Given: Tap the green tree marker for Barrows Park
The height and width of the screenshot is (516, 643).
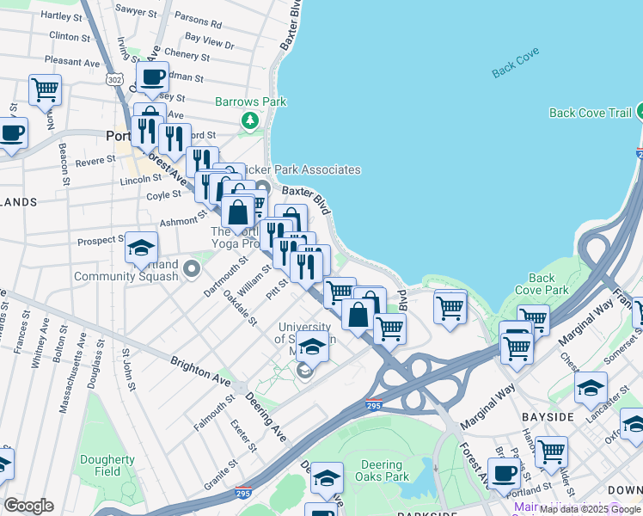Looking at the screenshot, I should pyautogui.click(x=250, y=120).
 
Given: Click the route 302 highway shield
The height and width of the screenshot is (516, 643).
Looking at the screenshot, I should pyautogui.click(x=114, y=78).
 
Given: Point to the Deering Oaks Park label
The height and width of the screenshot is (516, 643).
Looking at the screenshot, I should pyautogui.click(x=382, y=470).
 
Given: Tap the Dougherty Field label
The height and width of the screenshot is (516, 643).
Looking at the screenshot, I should pyautogui.click(x=107, y=465).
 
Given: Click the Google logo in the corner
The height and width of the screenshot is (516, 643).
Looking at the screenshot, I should pyautogui.click(x=28, y=505).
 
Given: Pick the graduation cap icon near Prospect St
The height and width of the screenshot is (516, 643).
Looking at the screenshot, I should pyautogui.click(x=141, y=249).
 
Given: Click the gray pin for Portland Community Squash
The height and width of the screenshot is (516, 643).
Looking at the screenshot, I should pyautogui.click(x=191, y=270).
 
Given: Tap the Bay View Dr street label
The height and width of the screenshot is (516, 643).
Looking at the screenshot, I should pyautogui.click(x=209, y=39).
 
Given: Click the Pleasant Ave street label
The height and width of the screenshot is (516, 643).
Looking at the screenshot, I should pyautogui.click(x=73, y=62).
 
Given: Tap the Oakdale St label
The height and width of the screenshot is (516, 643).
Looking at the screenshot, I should pyautogui.click(x=240, y=308).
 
